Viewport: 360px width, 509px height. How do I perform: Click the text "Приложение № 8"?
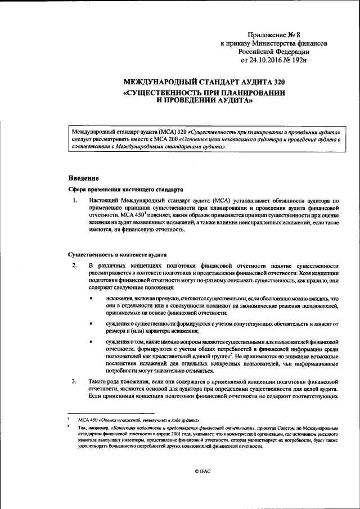point(274,35)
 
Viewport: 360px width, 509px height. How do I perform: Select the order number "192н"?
point(299,59)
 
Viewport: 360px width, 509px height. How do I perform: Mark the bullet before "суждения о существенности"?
point(91,324)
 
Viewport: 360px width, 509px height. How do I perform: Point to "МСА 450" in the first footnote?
point(88,420)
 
